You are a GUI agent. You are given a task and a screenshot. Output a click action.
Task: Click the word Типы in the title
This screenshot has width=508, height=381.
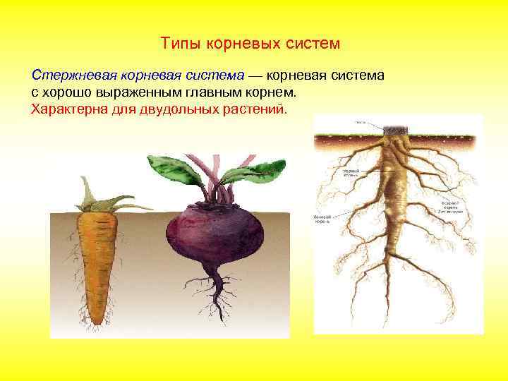pyautogui.click(x=179, y=44)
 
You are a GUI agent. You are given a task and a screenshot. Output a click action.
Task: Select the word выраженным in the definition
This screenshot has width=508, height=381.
pyautogui.click(x=134, y=92)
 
